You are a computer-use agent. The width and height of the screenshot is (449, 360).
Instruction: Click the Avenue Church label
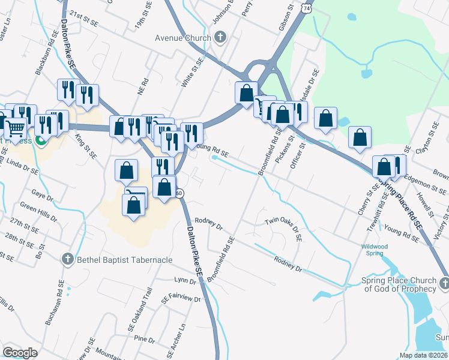coord(183,38)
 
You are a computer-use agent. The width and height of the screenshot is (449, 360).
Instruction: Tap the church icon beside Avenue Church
coord(220,38)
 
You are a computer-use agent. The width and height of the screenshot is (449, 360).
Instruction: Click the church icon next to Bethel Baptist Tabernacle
coord(68,260)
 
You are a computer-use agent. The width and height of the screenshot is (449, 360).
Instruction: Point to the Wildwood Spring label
coord(375,250)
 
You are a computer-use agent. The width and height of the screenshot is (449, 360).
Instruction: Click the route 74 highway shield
coord(307,10)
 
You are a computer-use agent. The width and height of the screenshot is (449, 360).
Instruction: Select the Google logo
coord(20,352)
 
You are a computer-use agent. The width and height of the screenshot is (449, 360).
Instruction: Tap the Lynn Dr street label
coord(181,280)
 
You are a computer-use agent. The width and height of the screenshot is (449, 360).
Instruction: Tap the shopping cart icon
coord(16,127)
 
